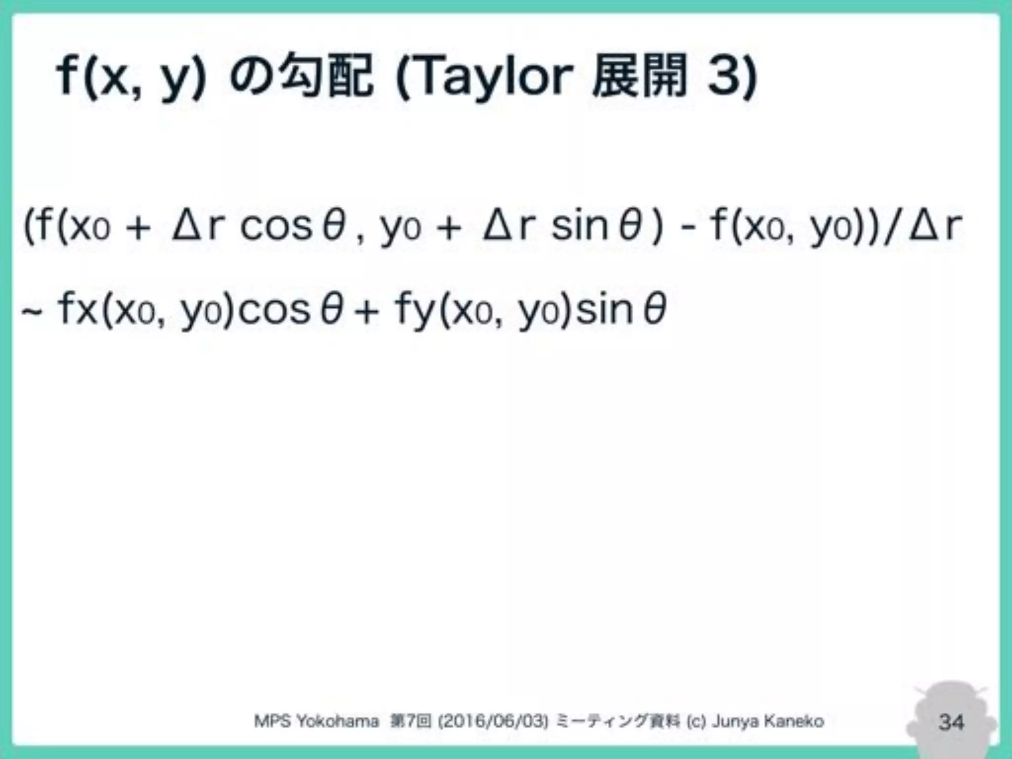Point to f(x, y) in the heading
pyautogui.click(x=131, y=77)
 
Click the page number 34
pyautogui.click(x=951, y=722)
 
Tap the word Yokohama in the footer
pyautogui.click(x=337, y=721)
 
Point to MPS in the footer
pyautogui.click(x=272, y=721)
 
